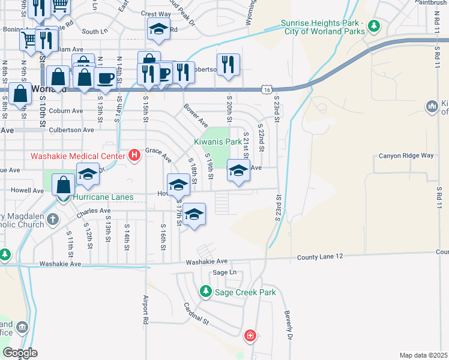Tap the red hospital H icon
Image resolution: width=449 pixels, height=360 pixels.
pos(134,156)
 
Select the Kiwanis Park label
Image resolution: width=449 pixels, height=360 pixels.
pos(217,142)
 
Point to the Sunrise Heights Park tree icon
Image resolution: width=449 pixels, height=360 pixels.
pos(375,26)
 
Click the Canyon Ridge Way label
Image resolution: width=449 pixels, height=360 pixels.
pos(406,156)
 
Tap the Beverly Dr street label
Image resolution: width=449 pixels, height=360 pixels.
pos(290,325)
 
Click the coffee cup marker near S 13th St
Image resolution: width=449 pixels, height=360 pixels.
pos(105,79)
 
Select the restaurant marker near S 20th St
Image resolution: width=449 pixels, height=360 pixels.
pos(228,65)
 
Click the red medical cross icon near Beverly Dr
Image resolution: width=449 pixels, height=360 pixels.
pos(250,336)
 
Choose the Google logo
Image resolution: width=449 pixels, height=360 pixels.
pos(20,353)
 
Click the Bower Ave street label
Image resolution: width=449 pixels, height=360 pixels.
pos(195,114)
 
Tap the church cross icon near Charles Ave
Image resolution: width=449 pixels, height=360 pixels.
pos(52,218)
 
